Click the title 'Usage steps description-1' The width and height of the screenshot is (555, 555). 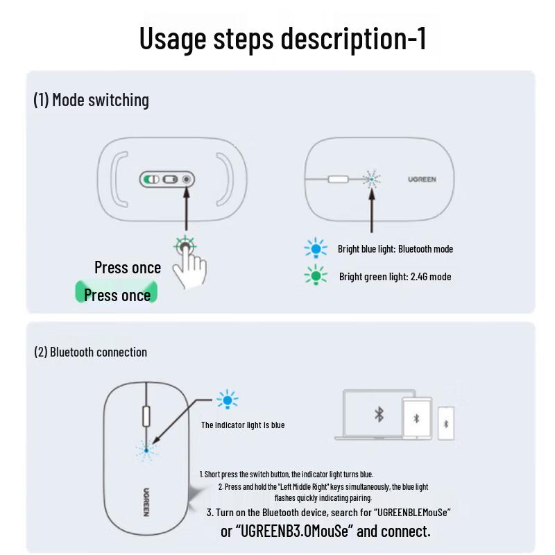[x=282, y=38]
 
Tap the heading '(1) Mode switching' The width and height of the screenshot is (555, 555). [x=91, y=100]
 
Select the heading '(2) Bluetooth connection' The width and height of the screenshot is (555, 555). [x=90, y=352]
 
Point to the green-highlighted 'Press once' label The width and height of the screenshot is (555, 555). [x=117, y=295]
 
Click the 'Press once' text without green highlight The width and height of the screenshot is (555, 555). [x=128, y=268]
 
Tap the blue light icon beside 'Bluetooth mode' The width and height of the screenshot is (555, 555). [x=316, y=248]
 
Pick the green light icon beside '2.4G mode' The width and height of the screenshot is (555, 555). [x=316, y=276]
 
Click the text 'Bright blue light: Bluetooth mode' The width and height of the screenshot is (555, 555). [x=395, y=248]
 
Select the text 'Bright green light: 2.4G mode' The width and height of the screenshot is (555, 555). [x=395, y=277]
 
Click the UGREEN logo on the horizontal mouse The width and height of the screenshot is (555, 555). [x=422, y=179]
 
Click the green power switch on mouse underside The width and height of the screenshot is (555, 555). [x=151, y=180]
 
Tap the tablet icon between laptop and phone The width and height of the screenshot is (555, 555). [x=416, y=418]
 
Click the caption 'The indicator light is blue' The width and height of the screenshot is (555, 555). [x=243, y=425]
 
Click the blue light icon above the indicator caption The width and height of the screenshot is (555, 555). [x=227, y=400]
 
